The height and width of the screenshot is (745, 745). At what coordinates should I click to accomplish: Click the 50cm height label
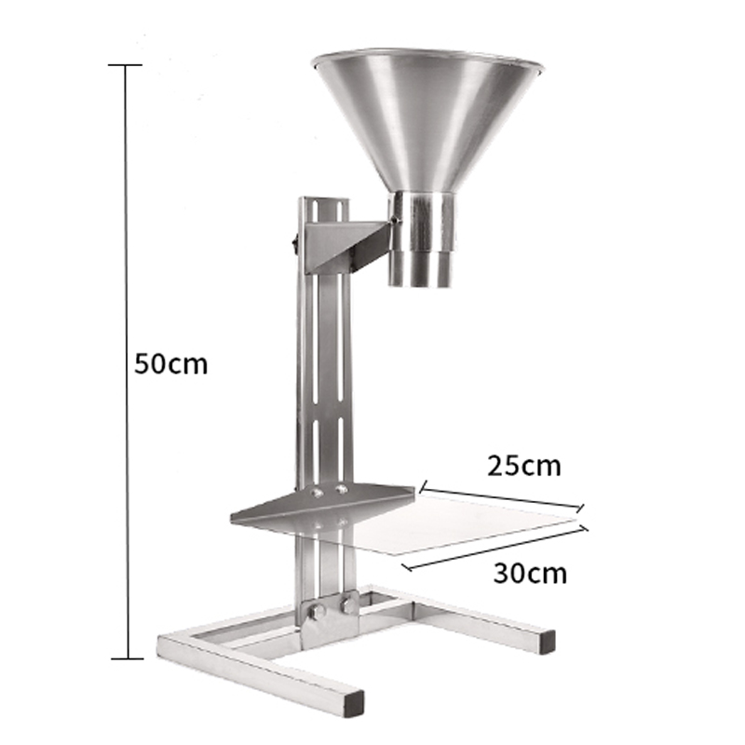[x=171, y=364]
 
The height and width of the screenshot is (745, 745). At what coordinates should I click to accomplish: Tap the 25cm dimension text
[x=524, y=467]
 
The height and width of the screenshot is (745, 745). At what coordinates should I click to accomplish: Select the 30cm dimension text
[x=530, y=574]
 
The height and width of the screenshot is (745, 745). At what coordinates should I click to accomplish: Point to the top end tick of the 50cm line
[x=126, y=65]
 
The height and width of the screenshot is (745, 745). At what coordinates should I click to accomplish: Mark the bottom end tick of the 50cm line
[x=127, y=658]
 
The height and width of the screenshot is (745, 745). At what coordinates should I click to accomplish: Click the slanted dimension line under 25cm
[x=502, y=497]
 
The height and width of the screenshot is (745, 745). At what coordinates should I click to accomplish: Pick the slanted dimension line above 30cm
[x=495, y=548]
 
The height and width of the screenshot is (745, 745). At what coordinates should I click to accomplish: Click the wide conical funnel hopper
[x=427, y=119]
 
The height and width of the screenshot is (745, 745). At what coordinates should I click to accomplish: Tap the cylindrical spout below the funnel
[x=421, y=239]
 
